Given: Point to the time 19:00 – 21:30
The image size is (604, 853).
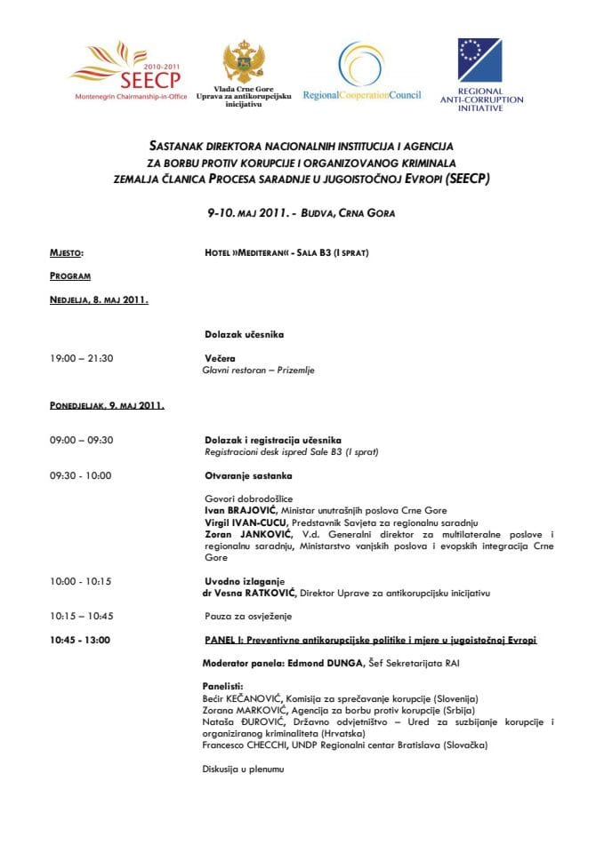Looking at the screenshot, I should pos(82,358).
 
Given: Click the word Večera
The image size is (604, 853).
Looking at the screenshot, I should pos(220,358).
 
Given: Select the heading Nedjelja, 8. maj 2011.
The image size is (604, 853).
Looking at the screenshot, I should pos(99,299).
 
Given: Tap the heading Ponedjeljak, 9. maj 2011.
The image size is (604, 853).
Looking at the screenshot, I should pos(107,405).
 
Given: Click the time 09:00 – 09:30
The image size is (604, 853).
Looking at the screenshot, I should pos(82,440).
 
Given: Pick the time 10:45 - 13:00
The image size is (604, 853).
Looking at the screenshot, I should pos(81,640).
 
